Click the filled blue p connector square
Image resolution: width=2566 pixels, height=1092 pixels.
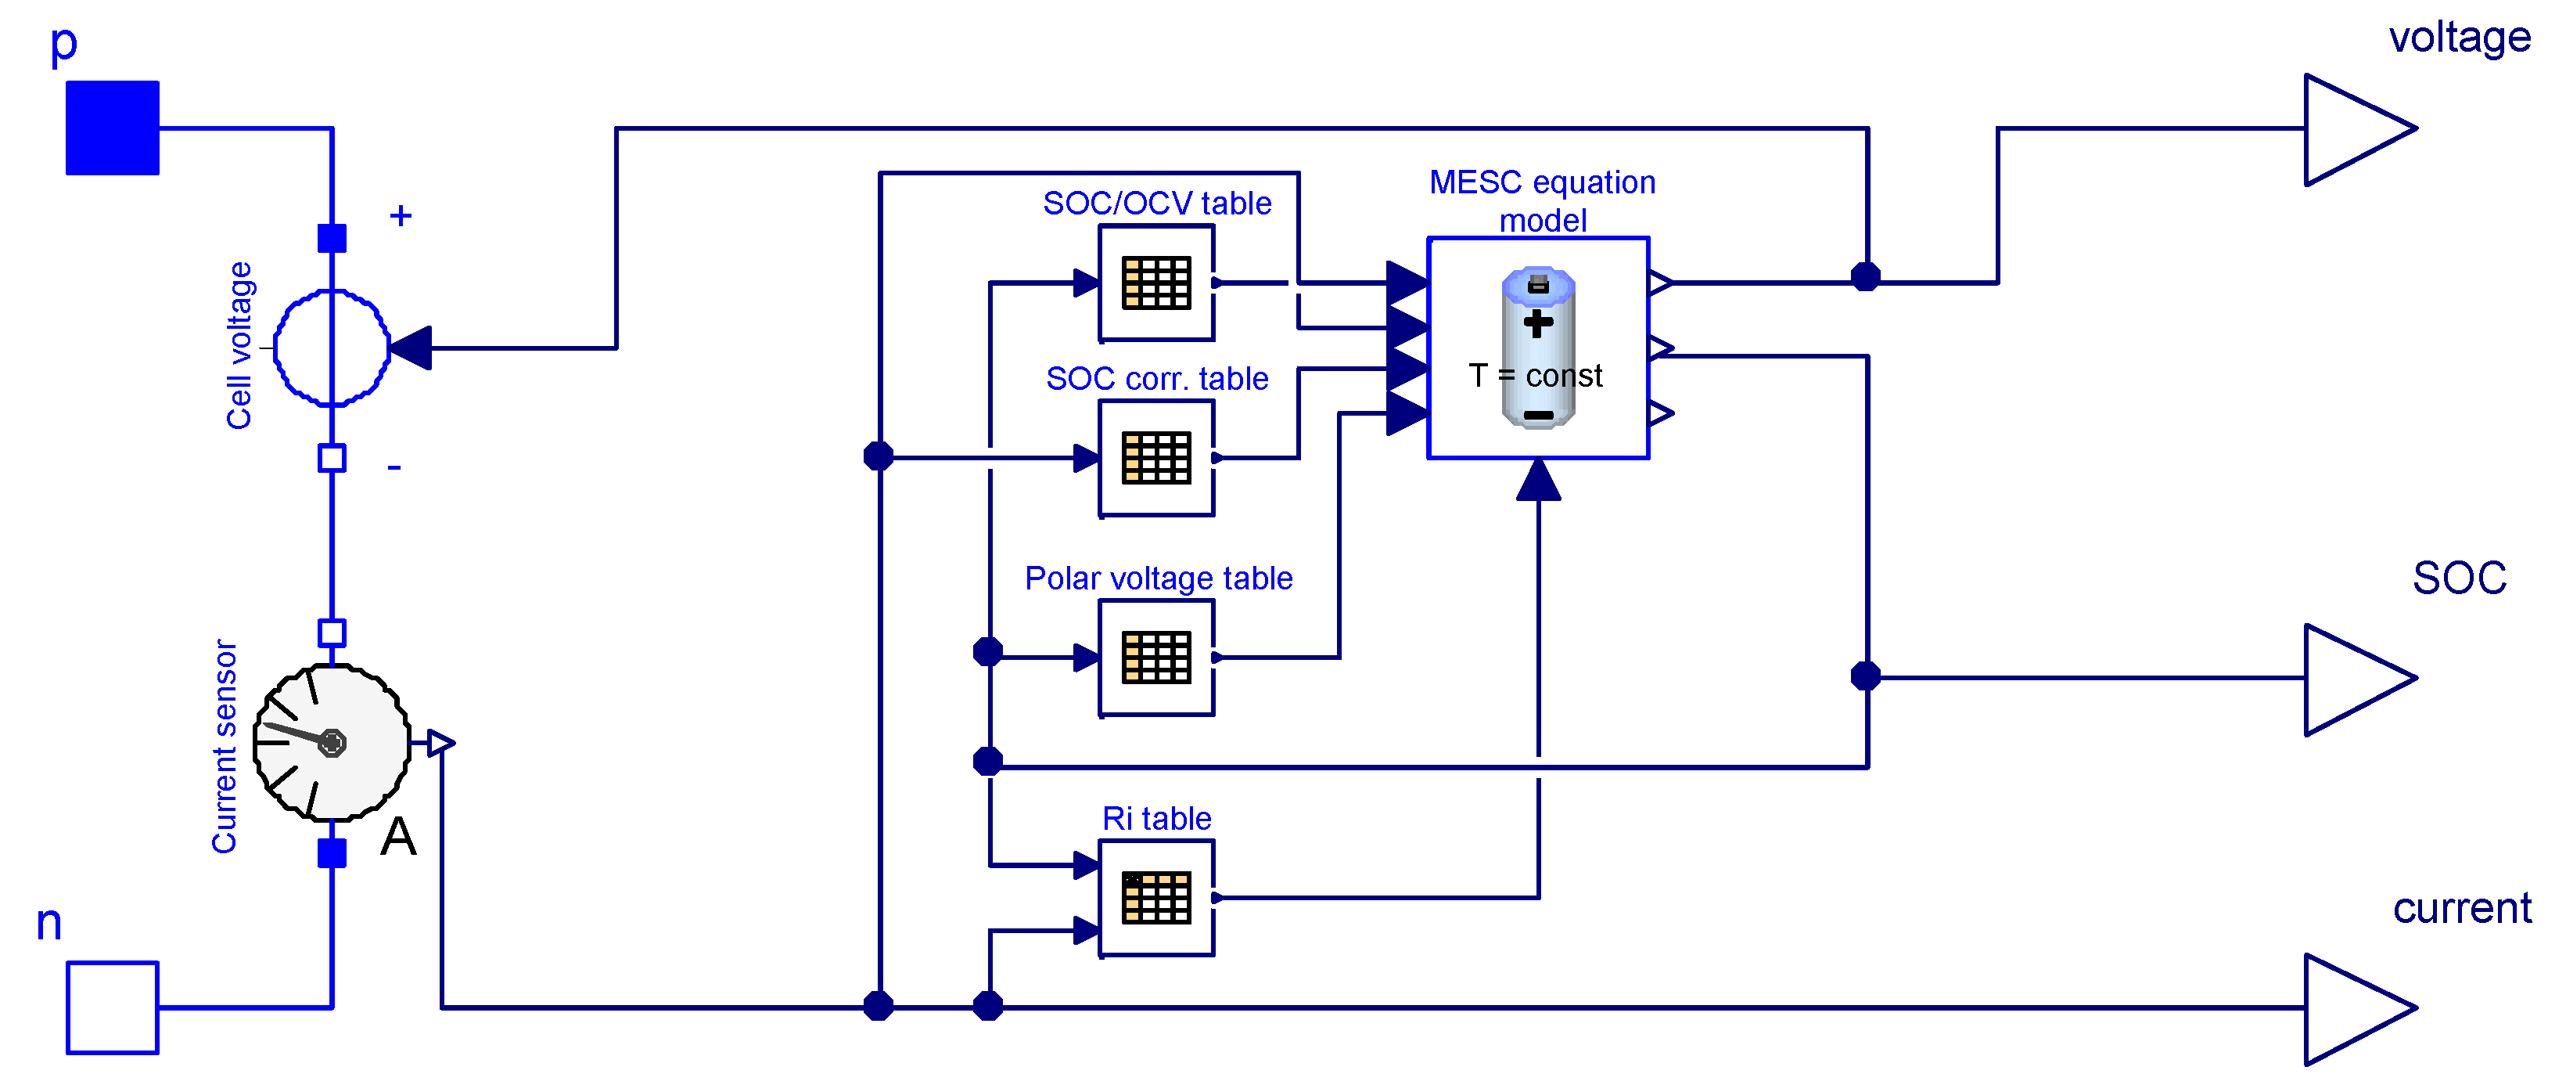tap(113, 128)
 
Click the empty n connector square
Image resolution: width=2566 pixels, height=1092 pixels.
tap(113, 1007)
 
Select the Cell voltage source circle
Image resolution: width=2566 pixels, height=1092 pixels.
tap(332, 348)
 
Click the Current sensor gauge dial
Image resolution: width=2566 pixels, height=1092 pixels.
tap(332, 742)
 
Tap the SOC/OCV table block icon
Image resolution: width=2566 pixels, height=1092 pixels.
tap(1156, 283)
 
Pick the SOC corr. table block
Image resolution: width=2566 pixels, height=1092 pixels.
tap(1156, 458)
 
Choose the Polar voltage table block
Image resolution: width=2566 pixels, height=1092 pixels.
tap(1156, 658)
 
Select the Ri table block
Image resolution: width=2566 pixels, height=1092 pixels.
tap(1156, 898)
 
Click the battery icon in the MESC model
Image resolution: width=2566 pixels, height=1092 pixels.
tap(1538, 348)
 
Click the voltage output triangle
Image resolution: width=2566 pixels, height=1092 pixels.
tap(2359, 129)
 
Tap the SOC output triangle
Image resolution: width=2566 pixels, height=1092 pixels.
tap(2359, 679)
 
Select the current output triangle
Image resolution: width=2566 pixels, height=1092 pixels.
tap(2359, 1009)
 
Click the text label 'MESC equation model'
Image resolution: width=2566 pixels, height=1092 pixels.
tap(1543, 201)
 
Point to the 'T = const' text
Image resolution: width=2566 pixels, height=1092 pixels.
tap(1535, 376)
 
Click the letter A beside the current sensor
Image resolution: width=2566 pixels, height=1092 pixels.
tap(398, 836)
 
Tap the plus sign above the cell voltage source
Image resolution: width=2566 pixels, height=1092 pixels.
tap(401, 215)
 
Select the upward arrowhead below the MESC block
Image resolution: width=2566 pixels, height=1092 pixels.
tap(1538, 479)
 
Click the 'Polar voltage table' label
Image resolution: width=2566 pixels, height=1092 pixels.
tap(1159, 578)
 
